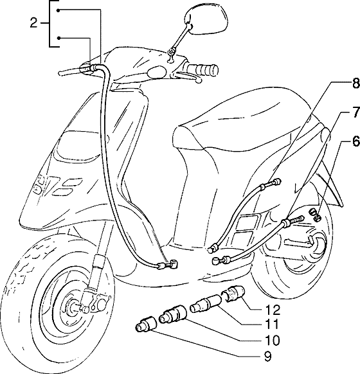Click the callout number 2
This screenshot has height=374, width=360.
[33, 23]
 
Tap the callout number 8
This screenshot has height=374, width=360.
[355, 84]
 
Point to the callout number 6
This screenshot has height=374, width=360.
[355, 141]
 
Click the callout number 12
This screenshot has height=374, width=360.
[271, 310]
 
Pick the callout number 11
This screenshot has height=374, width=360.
[271, 325]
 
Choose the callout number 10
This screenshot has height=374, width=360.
[271, 341]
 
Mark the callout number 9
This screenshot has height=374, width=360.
[268, 357]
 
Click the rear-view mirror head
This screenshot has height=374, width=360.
[206, 19]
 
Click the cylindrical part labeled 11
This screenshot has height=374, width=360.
[206, 303]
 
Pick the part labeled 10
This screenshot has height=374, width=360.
[173, 314]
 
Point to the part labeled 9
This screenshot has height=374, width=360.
[145, 324]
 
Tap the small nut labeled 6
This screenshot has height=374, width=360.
[315, 215]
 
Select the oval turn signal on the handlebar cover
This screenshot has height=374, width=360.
[157, 71]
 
